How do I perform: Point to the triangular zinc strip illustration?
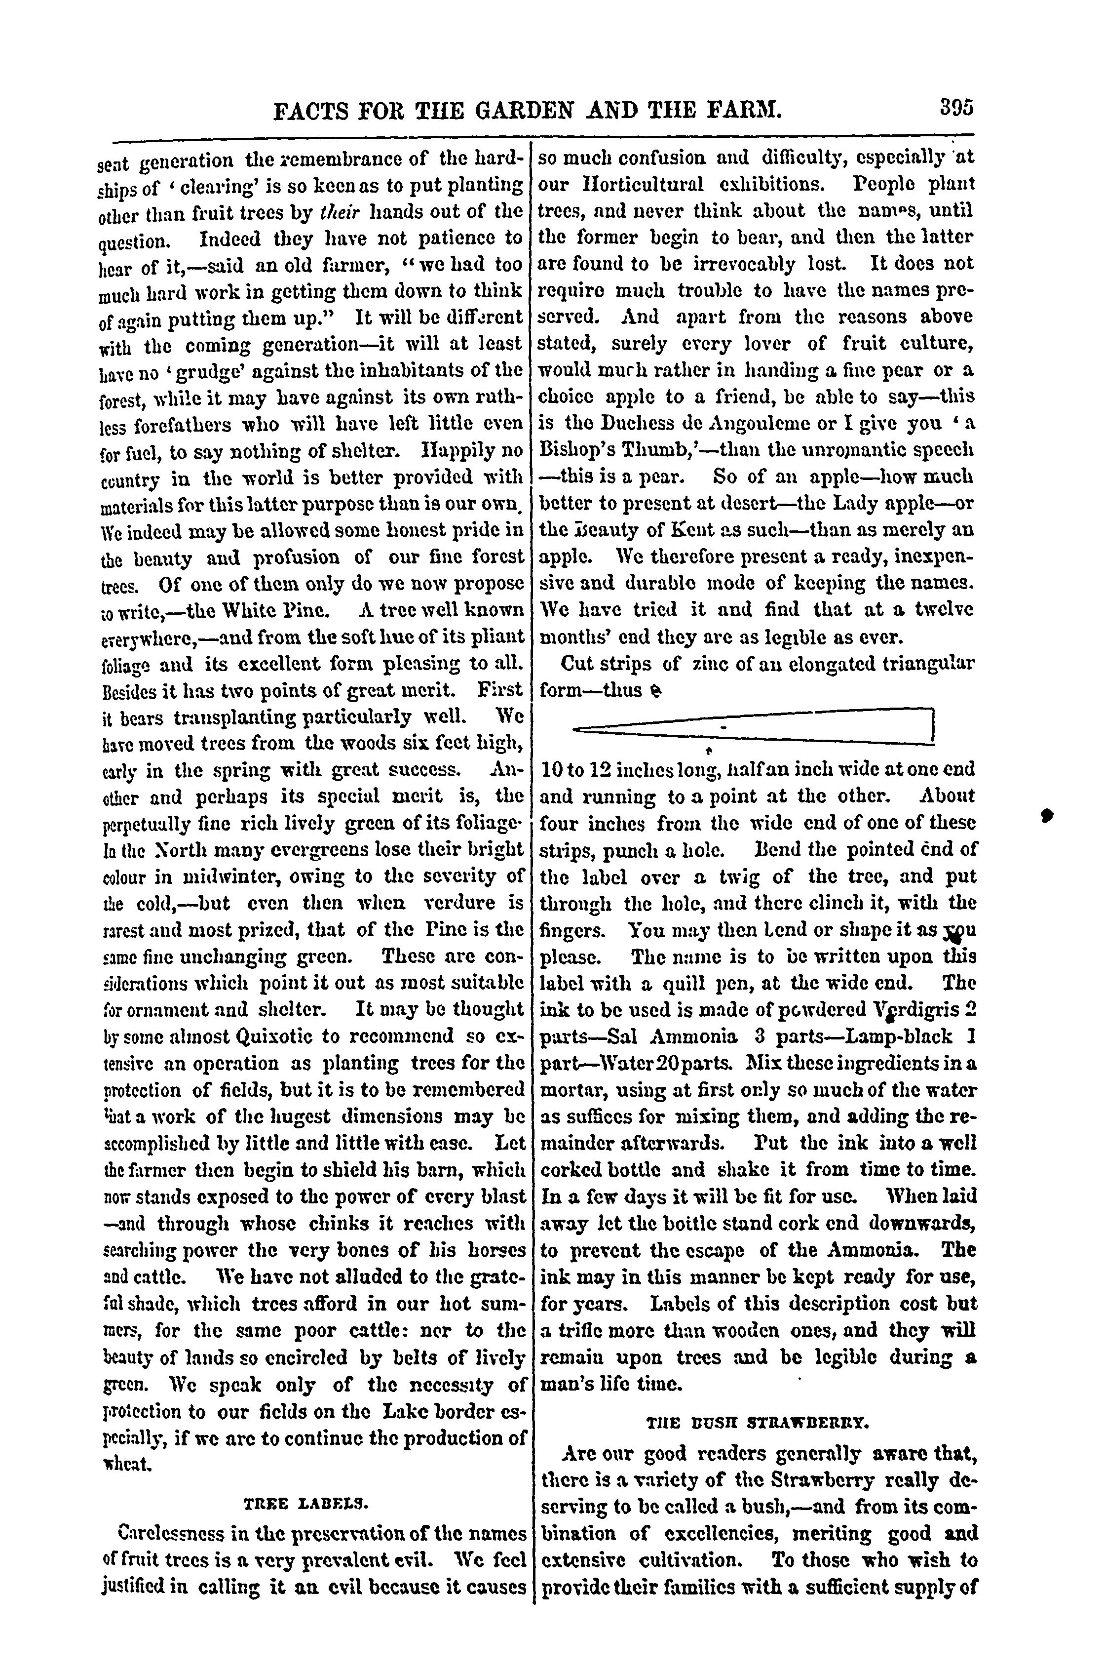(x=754, y=725)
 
